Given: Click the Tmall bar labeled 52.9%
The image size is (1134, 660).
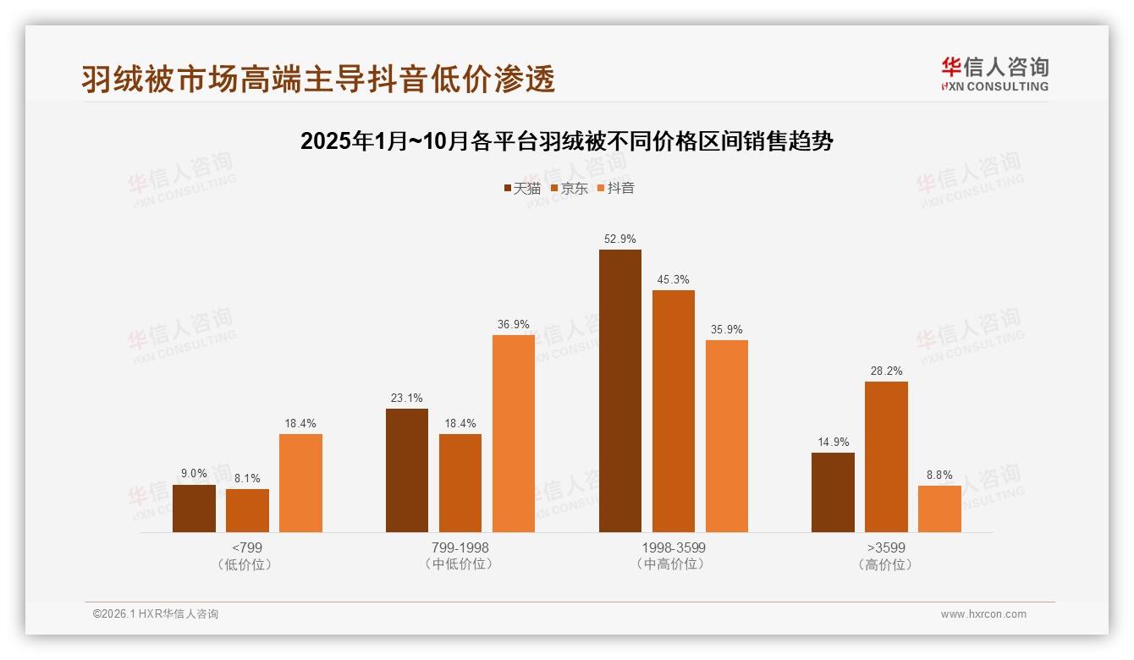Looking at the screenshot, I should pos(619,391).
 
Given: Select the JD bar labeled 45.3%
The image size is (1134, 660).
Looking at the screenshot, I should pos(673,411).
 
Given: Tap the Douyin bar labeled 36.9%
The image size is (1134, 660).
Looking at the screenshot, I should pos(513,433).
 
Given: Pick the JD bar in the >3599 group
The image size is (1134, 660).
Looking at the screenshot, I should pos(886,457).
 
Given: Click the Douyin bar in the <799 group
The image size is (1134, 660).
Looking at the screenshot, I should pos(300,483).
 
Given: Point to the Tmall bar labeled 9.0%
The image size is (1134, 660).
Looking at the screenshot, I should pos(194,509).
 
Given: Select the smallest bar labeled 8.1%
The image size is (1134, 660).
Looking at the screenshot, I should pos(247,511).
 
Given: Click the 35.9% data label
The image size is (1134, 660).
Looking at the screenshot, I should pos(726,330).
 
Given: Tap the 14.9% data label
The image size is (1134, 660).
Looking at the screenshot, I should pos(833,443).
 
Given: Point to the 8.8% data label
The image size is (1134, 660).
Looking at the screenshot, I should pos(939,476).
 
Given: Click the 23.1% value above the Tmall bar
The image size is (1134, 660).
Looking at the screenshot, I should pos(406,399).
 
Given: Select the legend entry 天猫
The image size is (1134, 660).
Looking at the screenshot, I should pos(522,189).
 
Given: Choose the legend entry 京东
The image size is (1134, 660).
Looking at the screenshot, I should pos(570,189).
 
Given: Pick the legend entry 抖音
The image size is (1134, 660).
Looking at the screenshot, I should pos(616,189).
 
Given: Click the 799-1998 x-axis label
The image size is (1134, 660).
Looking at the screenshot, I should pos(460,547).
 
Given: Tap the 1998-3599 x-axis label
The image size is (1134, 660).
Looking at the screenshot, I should pos(673,547).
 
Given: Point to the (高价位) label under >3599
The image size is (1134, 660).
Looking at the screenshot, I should pos(885,564).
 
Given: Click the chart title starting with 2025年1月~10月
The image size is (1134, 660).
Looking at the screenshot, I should pos(567,141).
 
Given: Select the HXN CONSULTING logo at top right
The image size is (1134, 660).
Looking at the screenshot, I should pos(994,74).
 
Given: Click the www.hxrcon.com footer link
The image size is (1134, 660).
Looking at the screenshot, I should pos(983,614).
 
